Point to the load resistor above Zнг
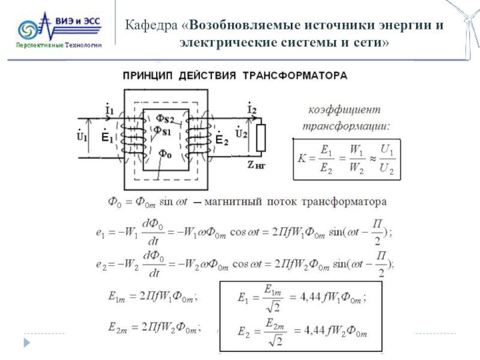pyautogui.click(x=261, y=137)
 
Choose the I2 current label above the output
pyautogui.click(x=251, y=110)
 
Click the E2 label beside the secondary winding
pyautogui.click(x=221, y=139)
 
